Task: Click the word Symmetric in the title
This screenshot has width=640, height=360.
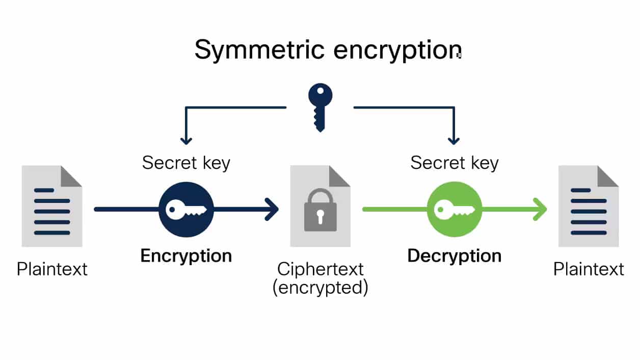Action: click(x=259, y=50)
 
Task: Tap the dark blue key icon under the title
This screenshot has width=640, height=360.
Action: click(x=320, y=107)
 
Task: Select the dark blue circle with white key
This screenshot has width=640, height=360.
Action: click(x=185, y=209)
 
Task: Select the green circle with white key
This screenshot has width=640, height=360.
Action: click(x=454, y=209)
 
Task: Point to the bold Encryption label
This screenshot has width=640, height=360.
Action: click(x=186, y=255)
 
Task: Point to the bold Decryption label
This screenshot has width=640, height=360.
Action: click(x=454, y=255)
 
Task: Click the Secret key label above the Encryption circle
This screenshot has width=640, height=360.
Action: click(x=186, y=163)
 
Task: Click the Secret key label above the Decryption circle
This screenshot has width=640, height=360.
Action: click(x=454, y=163)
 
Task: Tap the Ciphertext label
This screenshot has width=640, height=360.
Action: click(x=320, y=269)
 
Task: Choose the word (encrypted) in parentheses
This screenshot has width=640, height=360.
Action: click(x=320, y=288)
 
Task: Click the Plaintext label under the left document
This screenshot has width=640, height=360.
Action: click(x=52, y=269)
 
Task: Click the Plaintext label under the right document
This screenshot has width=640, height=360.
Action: click(x=589, y=269)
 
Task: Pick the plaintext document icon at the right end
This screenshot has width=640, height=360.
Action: click(x=589, y=206)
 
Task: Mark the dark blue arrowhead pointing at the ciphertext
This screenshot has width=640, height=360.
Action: click(x=273, y=209)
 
